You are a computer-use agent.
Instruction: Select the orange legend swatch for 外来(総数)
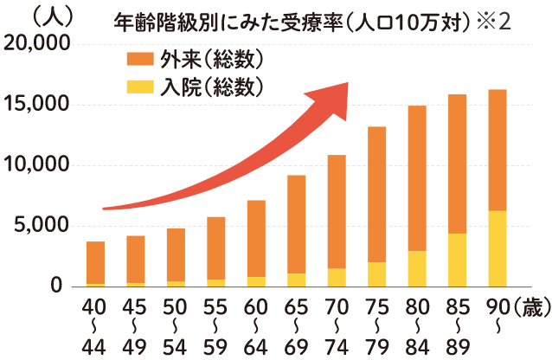coord(138,59)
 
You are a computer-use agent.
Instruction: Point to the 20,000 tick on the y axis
coord(37,44)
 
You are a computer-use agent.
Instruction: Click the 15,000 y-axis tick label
coord(37,105)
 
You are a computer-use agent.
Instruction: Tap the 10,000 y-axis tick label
coord(37,165)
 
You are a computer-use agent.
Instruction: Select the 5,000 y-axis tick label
coord(42,226)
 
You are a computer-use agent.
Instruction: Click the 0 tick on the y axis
coord(56,286)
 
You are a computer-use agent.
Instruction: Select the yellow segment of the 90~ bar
coord(497,248)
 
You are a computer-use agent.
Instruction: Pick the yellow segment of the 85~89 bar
coord(457,260)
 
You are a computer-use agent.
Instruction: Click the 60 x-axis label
coord(256,307)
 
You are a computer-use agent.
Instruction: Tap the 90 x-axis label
coord(497,307)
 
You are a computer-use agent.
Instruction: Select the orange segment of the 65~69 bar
coord(297,224)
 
